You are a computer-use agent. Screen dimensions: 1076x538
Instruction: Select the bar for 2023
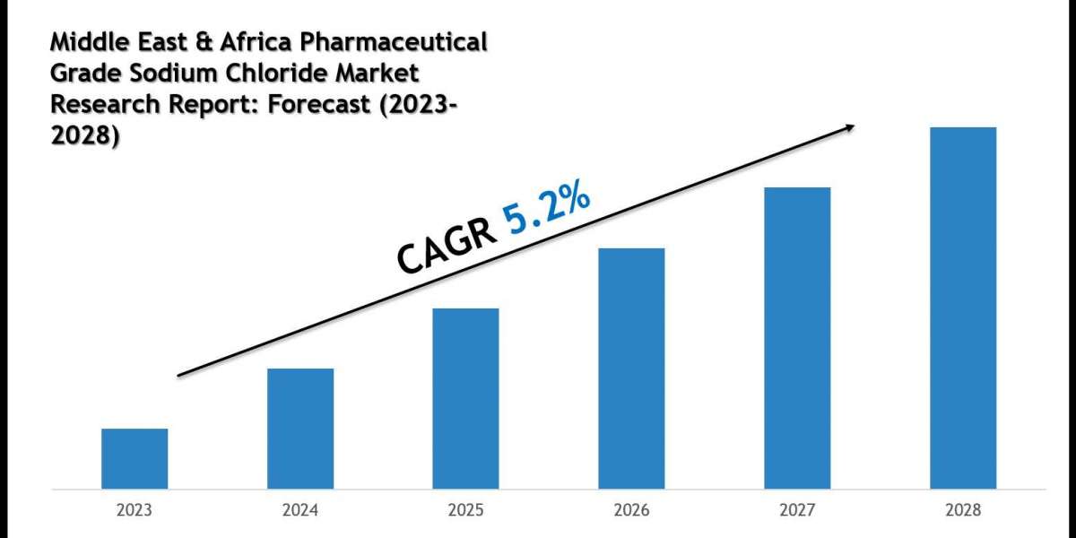point(134,459)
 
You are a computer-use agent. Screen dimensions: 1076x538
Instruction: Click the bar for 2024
point(300,429)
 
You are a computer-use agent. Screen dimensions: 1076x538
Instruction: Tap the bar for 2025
point(465,399)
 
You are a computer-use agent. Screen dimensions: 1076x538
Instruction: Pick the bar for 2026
point(631,369)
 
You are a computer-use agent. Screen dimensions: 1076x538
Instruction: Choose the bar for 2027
point(797,338)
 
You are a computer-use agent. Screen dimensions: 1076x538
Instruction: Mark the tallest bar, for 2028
point(963,308)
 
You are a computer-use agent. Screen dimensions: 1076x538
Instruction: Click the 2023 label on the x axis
point(134,509)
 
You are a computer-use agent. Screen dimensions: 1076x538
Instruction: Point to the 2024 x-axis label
point(300,509)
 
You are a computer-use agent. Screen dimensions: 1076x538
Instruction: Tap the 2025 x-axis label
point(466,509)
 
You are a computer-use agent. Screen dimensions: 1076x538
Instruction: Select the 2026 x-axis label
point(631,509)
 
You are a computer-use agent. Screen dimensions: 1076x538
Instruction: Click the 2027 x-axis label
point(797,509)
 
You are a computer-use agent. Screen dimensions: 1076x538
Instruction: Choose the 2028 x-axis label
point(963,509)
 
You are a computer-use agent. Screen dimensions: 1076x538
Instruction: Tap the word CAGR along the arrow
point(447,246)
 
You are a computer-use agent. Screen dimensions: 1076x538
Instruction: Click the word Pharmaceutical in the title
point(394,42)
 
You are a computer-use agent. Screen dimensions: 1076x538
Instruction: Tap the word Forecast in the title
point(319,104)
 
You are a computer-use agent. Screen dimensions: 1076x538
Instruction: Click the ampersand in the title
point(204,42)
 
